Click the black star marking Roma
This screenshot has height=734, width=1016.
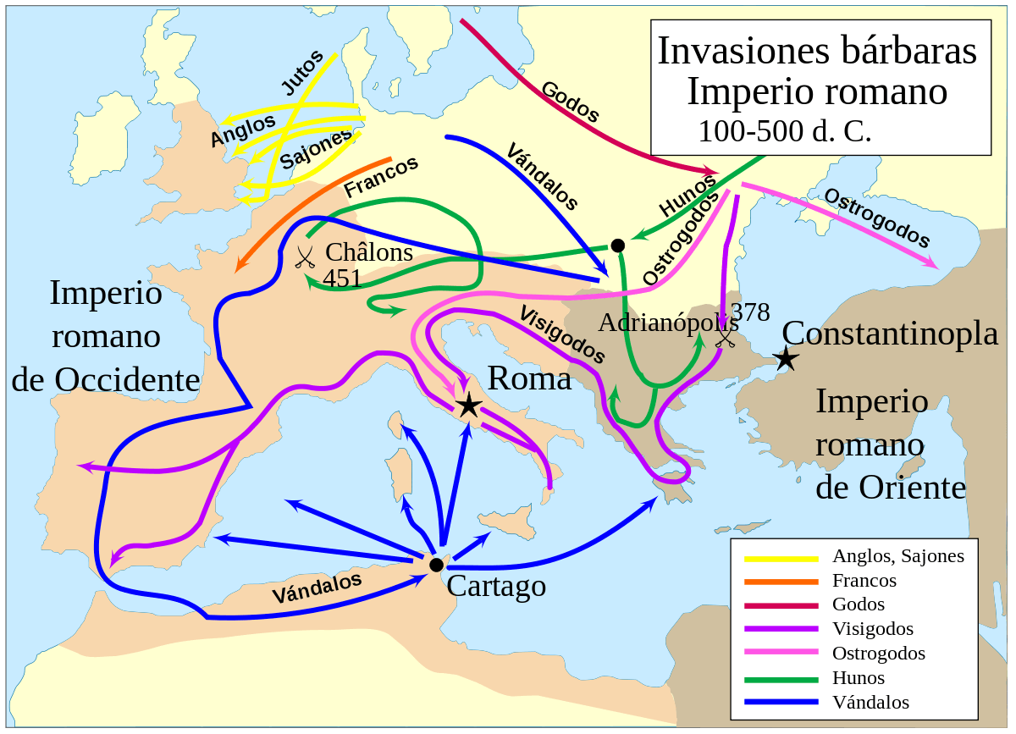pos(468,406)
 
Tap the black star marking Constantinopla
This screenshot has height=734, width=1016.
pos(787,358)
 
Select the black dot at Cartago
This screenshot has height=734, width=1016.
pos(436,565)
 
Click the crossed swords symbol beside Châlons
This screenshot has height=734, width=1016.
pos(305,257)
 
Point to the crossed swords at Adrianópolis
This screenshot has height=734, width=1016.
pos(726,338)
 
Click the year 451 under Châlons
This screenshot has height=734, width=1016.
pos(342,278)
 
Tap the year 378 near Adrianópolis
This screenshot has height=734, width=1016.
pos(749,312)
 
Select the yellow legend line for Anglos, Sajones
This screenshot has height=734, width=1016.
pos(781,558)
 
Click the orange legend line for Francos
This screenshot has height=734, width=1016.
pos(781,582)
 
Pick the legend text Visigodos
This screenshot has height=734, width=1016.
pos(873,629)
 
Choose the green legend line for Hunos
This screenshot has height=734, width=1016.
pos(781,679)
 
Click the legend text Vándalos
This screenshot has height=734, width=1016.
pos(870,703)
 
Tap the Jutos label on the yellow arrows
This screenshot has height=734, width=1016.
pos(302,72)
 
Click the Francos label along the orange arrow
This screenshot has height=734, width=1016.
pos(381,177)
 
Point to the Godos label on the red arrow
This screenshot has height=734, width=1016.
pos(570,102)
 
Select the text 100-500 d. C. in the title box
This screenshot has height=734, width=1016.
pos(784,131)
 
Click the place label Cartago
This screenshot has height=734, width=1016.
pos(496,585)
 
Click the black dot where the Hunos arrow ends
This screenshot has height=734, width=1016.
pos(618,246)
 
